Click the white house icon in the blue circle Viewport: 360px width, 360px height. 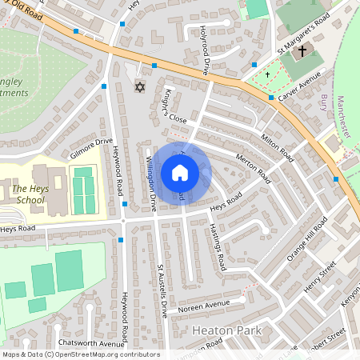180,173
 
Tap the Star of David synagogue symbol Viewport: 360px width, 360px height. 141,86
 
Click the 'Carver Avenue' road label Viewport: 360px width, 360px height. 299,86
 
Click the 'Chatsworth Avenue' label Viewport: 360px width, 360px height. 81,344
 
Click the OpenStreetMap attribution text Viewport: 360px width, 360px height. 81,354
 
